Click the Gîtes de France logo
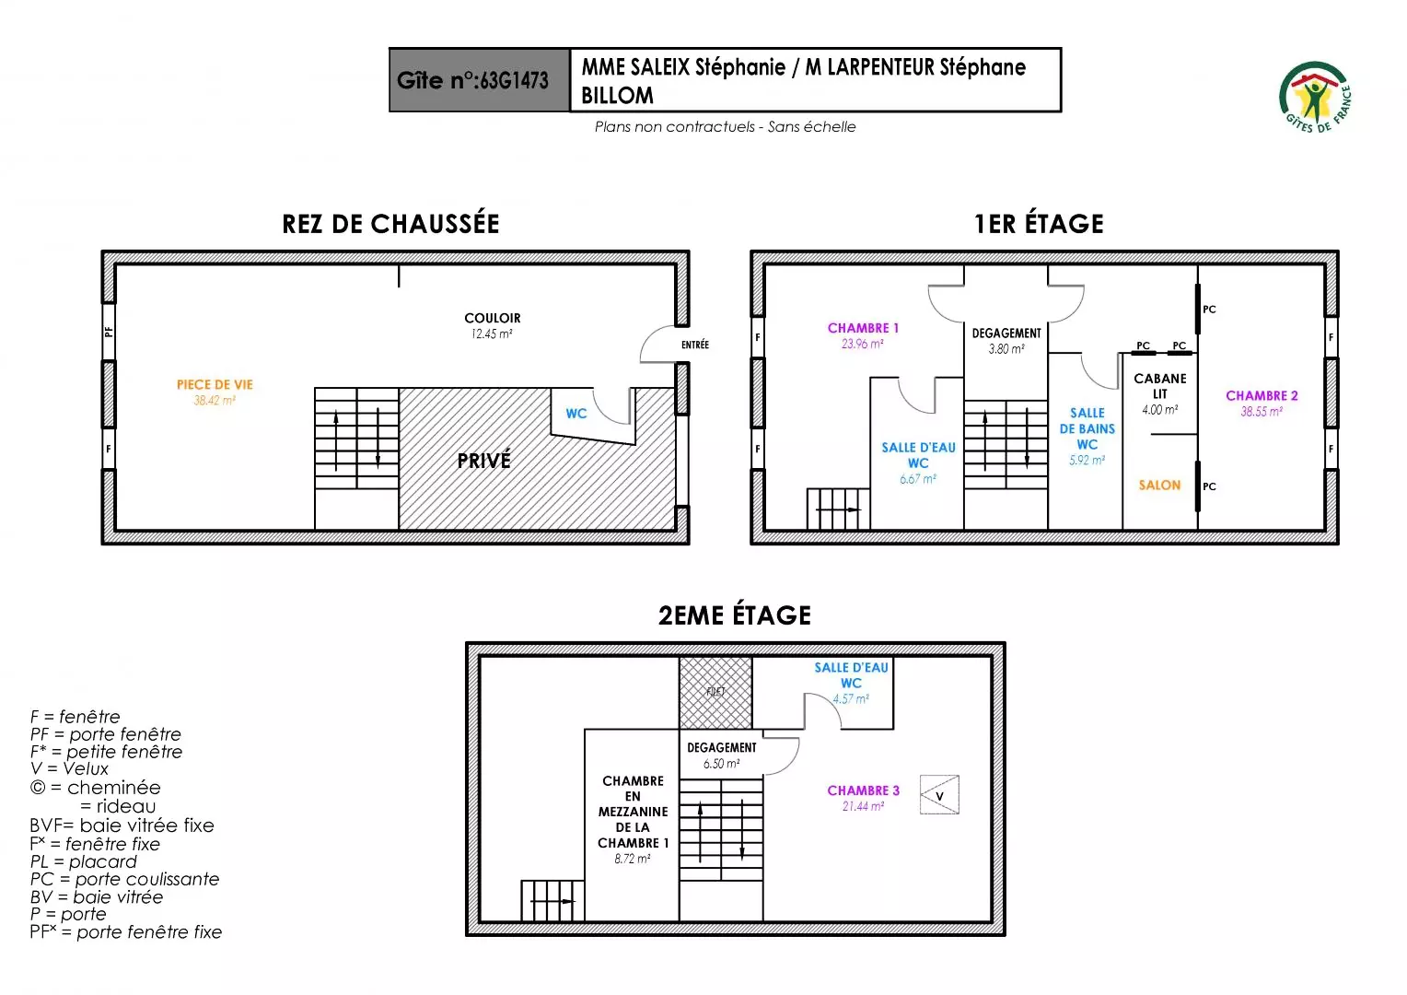tap(1315, 97)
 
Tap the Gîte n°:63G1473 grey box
tap(479, 80)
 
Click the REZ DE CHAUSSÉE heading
tap(390, 224)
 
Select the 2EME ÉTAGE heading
tap(734, 615)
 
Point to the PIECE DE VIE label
tap(215, 385)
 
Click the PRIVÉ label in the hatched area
tap(483, 461)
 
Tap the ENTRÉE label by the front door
tap(695, 345)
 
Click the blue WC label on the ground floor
tap(576, 414)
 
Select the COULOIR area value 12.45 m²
tap(492, 334)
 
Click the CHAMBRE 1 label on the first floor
tap(863, 328)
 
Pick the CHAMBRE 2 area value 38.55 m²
tap(1261, 412)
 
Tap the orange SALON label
tap(1159, 486)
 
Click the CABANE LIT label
tap(1160, 386)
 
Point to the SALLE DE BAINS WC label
tap(1087, 428)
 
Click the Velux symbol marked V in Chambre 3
tap(939, 795)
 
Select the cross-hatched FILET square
tap(715, 693)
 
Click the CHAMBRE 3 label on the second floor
tap(863, 790)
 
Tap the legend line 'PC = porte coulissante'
tap(124, 879)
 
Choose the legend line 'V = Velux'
tap(69, 768)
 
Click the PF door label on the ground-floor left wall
tap(109, 331)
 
